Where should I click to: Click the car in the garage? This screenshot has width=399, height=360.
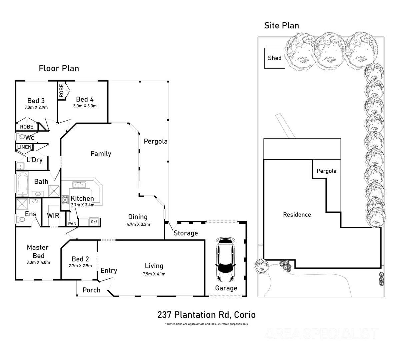pos(226,259)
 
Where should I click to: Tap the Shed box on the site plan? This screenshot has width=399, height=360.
pos(275,58)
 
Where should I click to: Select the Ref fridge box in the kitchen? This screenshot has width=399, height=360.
pos(94,222)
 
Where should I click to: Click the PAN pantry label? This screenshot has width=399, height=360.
pos(72,224)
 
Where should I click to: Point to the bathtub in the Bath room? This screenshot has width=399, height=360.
pos(23,184)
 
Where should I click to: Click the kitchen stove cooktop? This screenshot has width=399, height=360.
pos(65,200)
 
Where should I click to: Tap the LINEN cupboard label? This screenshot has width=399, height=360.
pos(24,147)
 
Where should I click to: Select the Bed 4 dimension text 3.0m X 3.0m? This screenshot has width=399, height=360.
pos(85,106)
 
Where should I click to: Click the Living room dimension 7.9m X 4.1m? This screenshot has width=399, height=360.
pos(154,274)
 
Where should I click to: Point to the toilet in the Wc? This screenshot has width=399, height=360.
pos(21,137)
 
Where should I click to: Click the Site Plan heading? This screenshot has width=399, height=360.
pos(282,25)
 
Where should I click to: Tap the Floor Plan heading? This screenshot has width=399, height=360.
pos(59,68)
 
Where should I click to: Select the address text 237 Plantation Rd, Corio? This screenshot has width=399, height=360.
pos(206,315)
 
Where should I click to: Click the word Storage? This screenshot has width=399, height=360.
pos(186,233)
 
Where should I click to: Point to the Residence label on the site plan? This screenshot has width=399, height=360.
pos(297,215)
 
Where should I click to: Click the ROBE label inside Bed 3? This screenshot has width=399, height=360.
pos(27,127)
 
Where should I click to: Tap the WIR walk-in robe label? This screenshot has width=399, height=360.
pos(53,215)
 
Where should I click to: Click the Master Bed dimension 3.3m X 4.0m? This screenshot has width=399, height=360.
pos(38,262)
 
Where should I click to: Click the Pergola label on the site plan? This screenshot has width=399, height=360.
pos(326,171)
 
